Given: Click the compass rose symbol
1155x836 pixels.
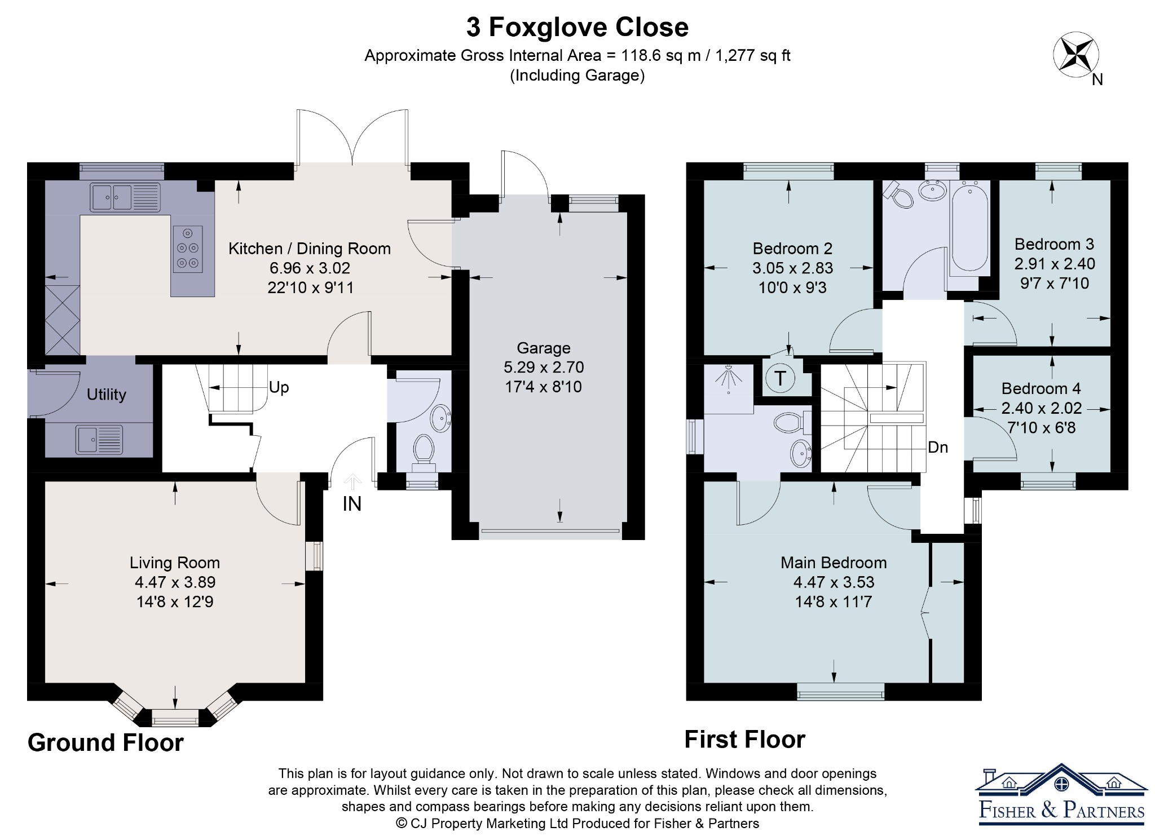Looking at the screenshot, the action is (1075, 56).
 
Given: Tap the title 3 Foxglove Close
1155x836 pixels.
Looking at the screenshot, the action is (577, 27).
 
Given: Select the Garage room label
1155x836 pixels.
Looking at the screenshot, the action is (544, 348).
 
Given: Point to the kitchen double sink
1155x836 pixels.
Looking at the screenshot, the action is (125, 197).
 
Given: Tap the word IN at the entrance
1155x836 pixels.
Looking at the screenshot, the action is (352, 504).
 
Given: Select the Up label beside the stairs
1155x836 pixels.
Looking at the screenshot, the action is (279, 387).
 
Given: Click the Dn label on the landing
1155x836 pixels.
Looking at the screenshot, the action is (938, 447).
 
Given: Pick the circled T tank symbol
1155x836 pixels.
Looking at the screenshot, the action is (780, 378).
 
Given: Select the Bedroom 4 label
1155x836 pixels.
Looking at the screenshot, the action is (1041, 388).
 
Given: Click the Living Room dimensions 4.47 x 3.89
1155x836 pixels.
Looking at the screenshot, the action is (175, 582).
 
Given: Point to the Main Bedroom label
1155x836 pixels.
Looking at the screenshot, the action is (834, 563).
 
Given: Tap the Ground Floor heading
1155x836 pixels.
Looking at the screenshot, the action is (105, 742).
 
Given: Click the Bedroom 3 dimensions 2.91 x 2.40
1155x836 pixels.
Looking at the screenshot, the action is (1055, 263).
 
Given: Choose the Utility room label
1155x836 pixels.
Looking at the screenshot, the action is (106, 395).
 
